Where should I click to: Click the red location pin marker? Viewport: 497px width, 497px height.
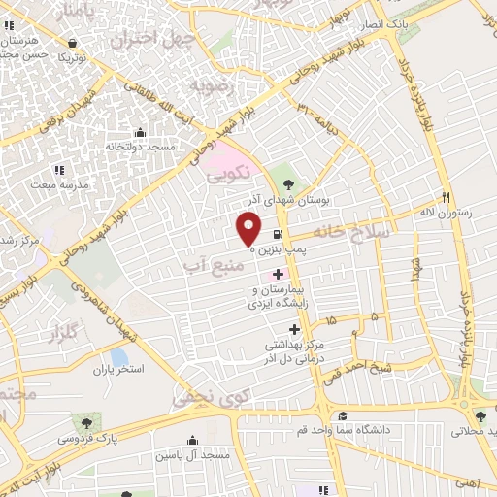point(249,227)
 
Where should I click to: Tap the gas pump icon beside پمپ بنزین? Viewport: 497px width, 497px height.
point(278,234)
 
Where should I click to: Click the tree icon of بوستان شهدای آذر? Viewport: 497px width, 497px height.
point(288,182)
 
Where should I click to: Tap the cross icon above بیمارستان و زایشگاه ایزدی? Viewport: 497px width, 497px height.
point(280,276)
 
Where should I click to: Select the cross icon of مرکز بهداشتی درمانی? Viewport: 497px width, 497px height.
point(295,330)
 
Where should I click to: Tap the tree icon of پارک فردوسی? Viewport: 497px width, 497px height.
point(87,423)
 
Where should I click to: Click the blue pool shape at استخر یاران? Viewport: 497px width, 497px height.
point(118,357)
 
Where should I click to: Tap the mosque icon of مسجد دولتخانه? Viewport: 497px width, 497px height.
point(140,132)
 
